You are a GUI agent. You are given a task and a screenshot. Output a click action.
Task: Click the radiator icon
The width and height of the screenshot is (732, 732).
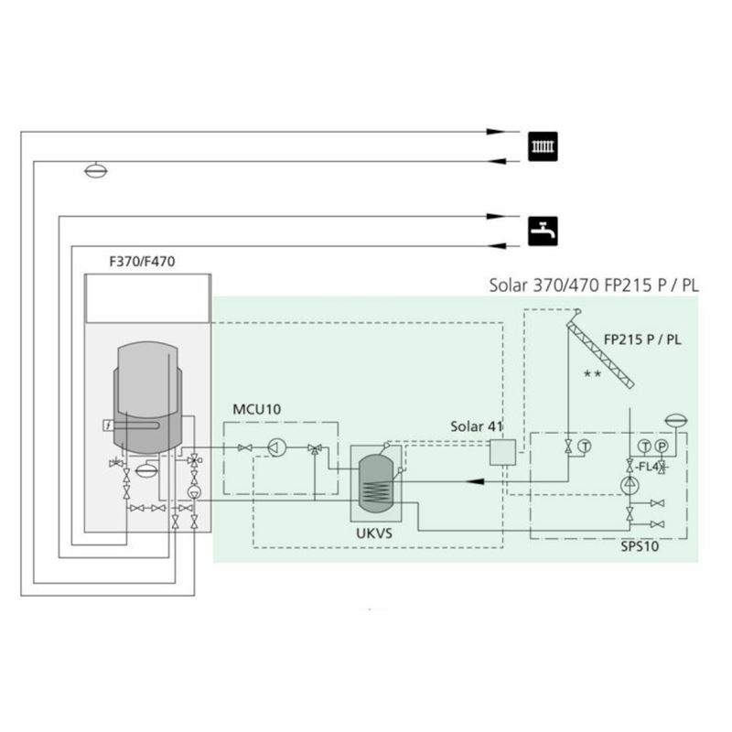click(x=543, y=146)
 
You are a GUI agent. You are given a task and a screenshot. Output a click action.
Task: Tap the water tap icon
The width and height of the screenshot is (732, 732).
click(x=543, y=231)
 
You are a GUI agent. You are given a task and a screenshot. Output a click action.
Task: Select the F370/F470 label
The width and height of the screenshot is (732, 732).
click(x=142, y=261)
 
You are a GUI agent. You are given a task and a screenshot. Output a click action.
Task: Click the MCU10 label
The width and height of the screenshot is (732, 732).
click(x=257, y=409)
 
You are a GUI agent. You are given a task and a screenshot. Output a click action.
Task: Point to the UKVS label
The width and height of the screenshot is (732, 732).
click(x=374, y=533)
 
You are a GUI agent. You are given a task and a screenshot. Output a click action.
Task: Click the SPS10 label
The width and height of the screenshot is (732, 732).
click(x=640, y=546)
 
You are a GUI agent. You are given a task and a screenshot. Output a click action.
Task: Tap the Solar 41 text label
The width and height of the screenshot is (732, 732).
click(x=476, y=426)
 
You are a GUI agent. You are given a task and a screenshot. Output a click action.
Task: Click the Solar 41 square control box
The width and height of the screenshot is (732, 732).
click(x=502, y=452)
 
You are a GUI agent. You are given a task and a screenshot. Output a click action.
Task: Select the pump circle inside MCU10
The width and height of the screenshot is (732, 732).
click(x=277, y=447)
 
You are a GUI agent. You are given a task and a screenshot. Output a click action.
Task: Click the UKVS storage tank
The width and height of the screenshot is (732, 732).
click(x=376, y=484)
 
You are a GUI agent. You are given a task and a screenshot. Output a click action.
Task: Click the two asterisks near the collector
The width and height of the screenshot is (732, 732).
click(x=592, y=373)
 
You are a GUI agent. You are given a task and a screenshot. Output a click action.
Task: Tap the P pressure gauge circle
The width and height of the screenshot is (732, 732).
click(x=661, y=447)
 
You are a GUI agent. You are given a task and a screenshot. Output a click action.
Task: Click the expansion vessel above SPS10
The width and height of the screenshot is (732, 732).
click(x=676, y=421)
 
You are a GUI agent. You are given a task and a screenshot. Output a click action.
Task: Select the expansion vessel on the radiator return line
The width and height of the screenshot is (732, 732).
click(x=96, y=171)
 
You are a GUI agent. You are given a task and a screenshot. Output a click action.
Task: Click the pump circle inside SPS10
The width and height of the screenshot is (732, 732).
click(x=630, y=486)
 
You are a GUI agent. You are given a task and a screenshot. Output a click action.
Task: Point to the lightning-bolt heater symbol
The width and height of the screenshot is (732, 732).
click(x=108, y=425)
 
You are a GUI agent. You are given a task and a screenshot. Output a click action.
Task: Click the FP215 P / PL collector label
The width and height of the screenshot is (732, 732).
click(x=642, y=339)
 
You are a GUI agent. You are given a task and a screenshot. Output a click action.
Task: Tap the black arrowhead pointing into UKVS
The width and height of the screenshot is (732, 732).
click(x=475, y=481)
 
